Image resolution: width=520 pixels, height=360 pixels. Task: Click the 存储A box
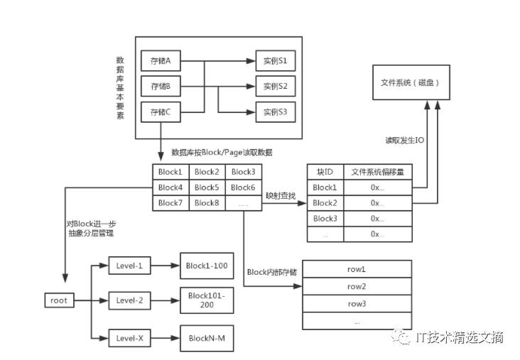tap(161, 60)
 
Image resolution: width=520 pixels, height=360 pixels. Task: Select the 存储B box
tap(161, 86)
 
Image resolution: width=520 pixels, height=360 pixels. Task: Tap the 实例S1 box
tap(276, 60)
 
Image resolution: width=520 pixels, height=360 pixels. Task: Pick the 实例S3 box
tap(276, 112)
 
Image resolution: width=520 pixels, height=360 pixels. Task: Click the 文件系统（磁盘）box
tap(411, 82)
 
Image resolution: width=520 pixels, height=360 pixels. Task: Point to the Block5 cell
tap(207, 187)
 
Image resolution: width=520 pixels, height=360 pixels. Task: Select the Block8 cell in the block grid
tap(207, 203)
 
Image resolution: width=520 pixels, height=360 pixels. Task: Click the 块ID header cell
tap(325, 172)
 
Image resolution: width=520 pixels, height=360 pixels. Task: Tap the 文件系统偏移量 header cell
tap(378, 172)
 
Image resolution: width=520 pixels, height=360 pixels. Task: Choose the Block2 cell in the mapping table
tap(325, 203)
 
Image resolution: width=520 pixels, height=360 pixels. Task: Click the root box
tap(59, 300)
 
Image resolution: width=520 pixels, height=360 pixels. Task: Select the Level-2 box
tap(130, 300)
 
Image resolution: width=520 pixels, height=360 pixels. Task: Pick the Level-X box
tap(130, 338)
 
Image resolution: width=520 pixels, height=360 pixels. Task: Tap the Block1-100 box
tap(207, 266)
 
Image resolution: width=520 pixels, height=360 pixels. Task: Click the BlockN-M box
tap(207, 338)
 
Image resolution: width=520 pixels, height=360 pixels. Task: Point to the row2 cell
tap(357, 286)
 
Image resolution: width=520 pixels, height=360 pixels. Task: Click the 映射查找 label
tap(281, 196)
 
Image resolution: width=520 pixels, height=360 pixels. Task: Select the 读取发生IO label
tap(405, 140)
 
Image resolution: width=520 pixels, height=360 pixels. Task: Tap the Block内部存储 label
tap(272, 272)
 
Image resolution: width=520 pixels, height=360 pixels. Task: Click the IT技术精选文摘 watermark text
tap(460, 337)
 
